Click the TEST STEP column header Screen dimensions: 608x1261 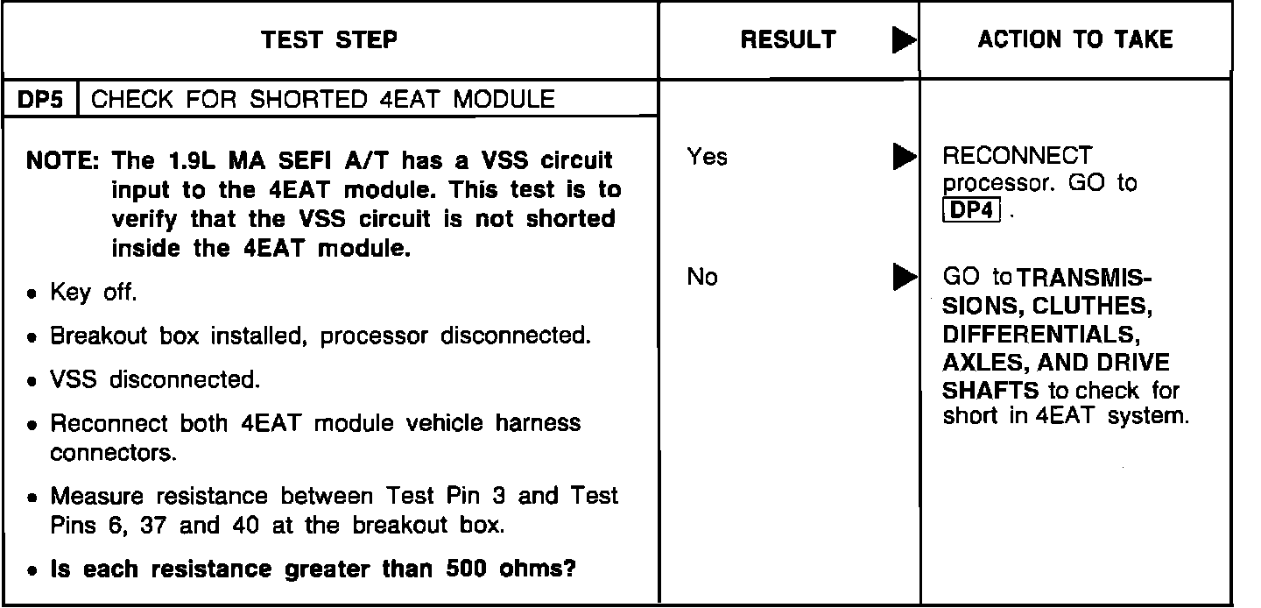[x=329, y=39]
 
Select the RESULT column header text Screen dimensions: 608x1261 [x=788, y=39]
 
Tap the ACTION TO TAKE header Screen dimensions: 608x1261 [x=1075, y=39]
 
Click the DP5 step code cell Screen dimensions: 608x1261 [x=40, y=99]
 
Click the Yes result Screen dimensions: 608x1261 [x=707, y=158]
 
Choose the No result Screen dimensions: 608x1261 [x=702, y=278]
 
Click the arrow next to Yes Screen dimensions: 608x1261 [x=902, y=159]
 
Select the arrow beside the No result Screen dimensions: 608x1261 [x=902, y=279]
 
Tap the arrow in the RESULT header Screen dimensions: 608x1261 [x=902, y=40]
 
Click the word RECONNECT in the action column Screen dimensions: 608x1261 [x=1017, y=157]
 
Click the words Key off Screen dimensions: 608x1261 [x=93, y=293]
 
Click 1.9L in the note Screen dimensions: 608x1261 [x=188, y=163]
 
